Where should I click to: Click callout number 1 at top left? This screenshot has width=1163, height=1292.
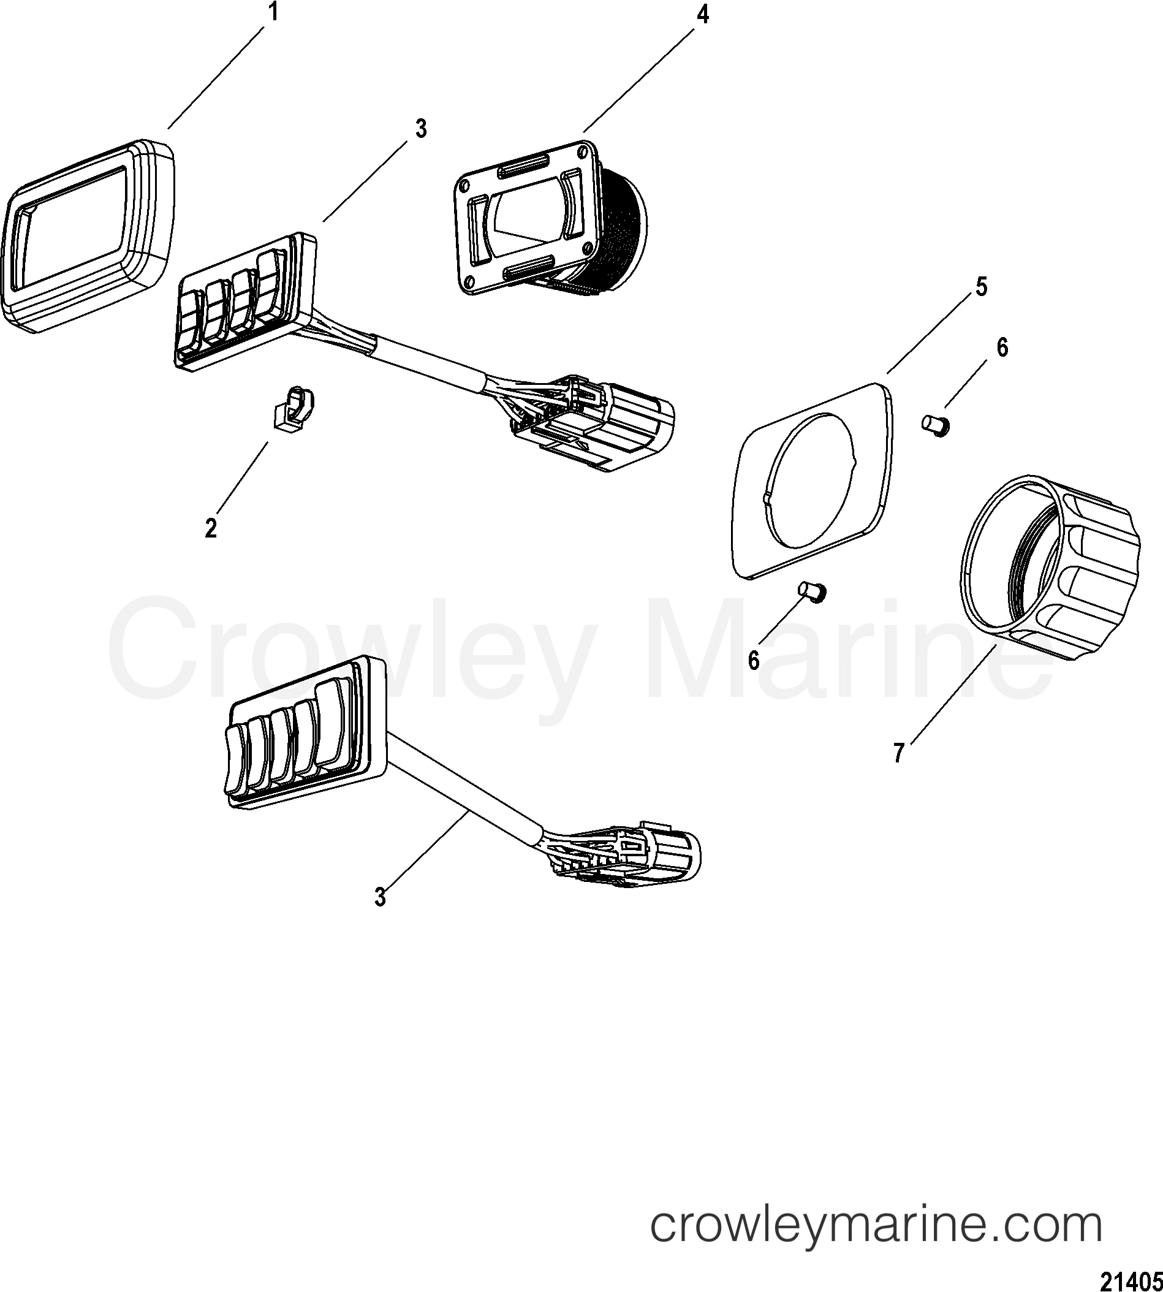(273, 13)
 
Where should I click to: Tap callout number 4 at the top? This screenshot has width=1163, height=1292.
(703, 15)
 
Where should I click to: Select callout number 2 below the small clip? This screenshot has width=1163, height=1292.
(210, 529)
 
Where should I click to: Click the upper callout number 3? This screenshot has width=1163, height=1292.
(420, 129)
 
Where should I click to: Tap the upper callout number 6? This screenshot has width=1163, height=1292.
(1002, 348)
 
